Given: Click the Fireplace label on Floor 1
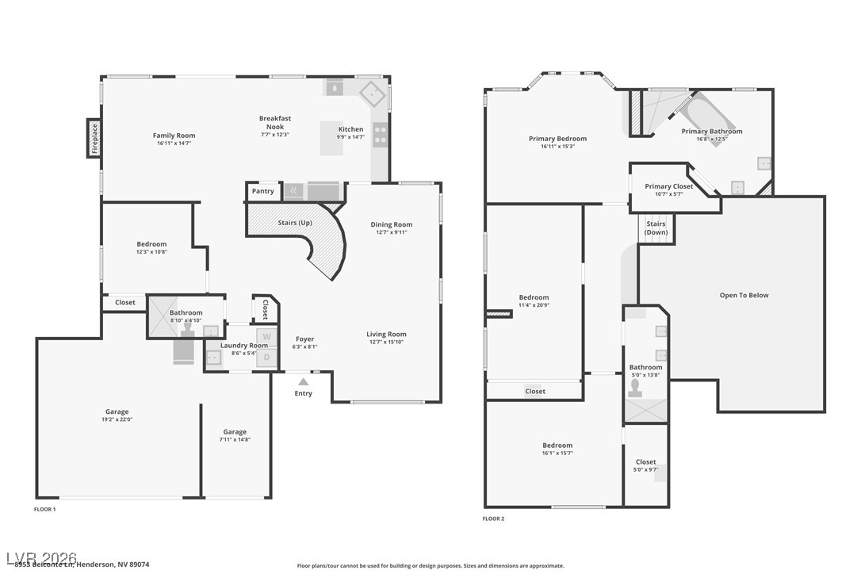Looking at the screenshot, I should [94, 138].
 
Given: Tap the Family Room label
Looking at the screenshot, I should [174, 136].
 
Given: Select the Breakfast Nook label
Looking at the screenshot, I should [275, 122].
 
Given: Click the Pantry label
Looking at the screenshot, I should [262, 191].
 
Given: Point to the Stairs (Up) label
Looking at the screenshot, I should [294, 223].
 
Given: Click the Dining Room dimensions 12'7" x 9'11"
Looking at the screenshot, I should [392, 232].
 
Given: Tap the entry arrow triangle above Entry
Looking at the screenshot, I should [303, 382].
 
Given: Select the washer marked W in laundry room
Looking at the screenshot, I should [266, 337].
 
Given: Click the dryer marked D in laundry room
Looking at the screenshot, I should [266, 357].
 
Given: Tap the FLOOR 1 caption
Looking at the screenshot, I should [44, 508].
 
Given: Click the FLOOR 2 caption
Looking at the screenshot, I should [493, 519].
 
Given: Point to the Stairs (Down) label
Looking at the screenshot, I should [656, 228].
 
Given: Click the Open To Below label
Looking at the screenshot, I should [744, 295].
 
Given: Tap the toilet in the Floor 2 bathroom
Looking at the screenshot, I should [635, 388].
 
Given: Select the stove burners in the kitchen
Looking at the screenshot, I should [380, 136].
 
